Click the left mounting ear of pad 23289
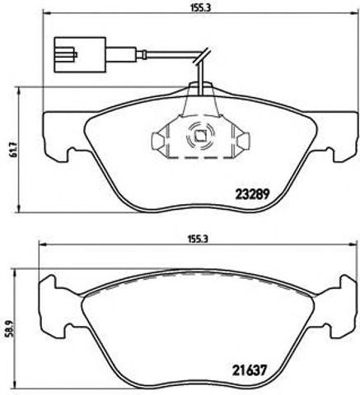(x=54, y=140)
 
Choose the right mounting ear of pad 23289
(x=345, y=140)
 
